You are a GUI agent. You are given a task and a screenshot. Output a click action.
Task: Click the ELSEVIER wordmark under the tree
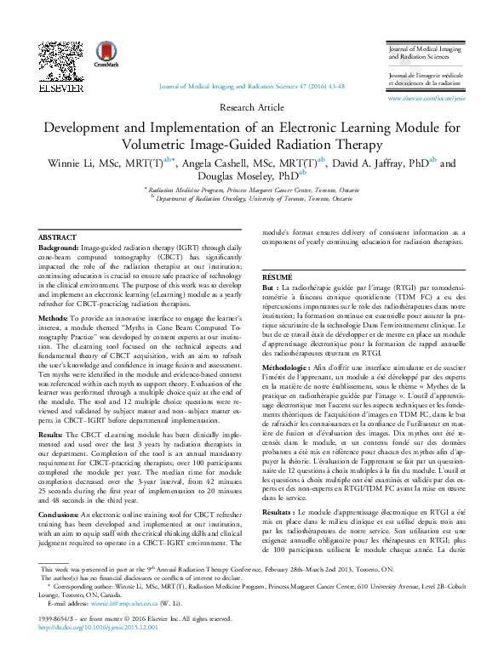[x=61, y=88]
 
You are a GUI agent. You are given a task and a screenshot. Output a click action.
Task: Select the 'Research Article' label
[x=249, y=108]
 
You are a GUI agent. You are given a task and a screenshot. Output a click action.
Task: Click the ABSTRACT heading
[x=58, y=237]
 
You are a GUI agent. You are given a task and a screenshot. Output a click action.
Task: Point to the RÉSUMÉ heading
[x=277, y=277]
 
